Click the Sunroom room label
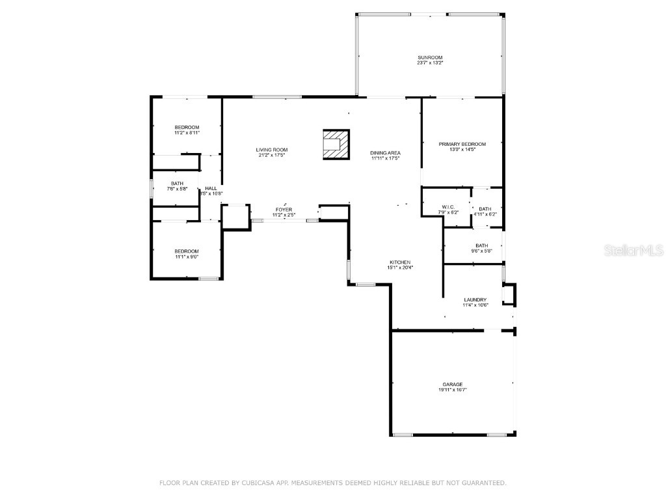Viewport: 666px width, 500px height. click(430, 58)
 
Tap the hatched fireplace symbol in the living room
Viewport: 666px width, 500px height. click(336, 143)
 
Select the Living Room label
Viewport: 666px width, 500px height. click(271, 150)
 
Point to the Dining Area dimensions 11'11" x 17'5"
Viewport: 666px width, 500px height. click(385, 158)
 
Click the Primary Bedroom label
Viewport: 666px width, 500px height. click(462, 144)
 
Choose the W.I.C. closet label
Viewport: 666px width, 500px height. click(449, 207)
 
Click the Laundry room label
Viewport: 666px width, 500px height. click(475, 299)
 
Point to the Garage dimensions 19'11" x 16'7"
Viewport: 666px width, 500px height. click(452, 389)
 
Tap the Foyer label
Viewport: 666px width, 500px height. click(284, 210)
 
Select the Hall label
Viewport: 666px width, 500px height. click(211, 188)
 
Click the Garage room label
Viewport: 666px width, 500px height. click(452, 384)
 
